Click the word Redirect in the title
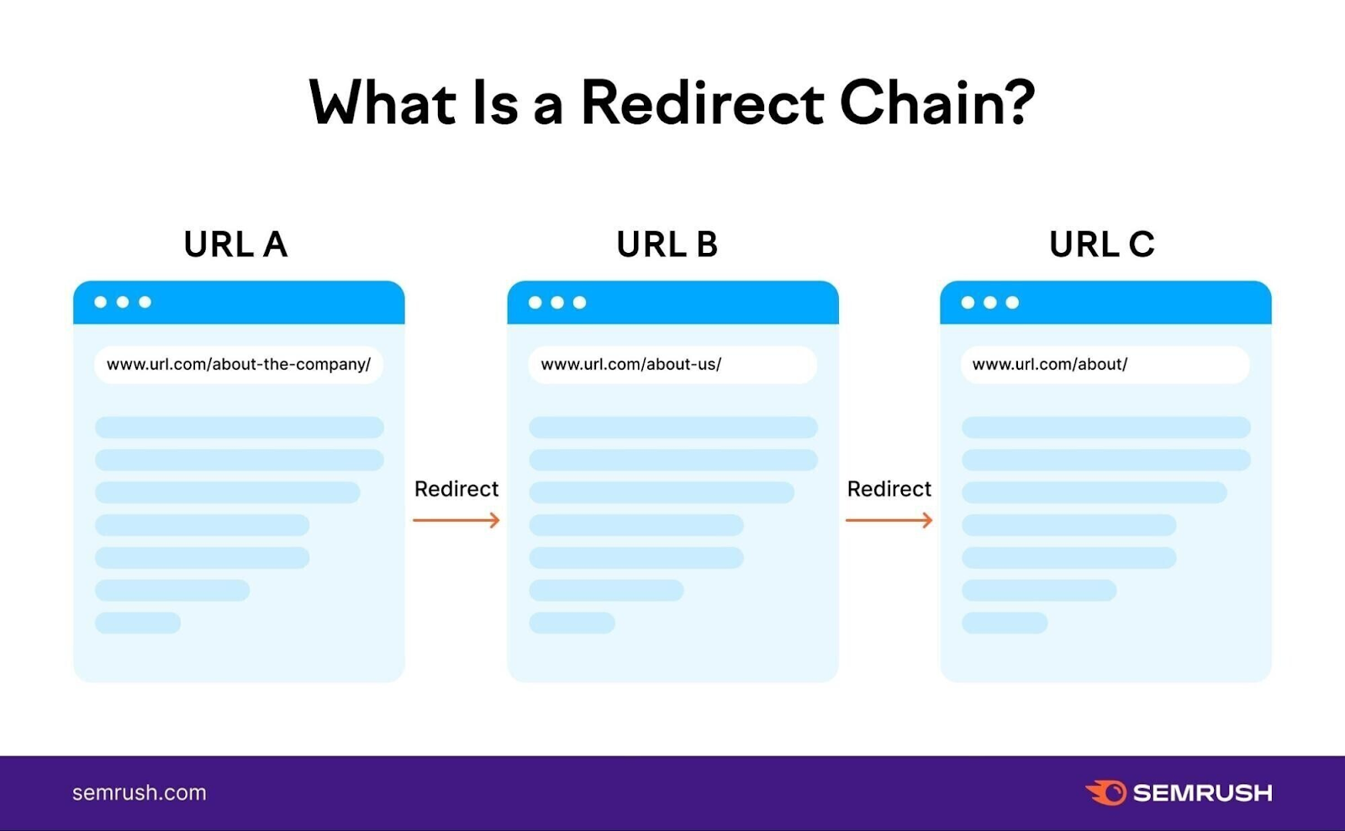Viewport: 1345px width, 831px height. [702, 103]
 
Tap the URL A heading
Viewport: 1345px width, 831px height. [235, 245]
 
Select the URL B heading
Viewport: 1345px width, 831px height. [667, 245]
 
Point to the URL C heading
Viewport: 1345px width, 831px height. [1101, 245]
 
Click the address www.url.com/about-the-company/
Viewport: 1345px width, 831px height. [239, 365]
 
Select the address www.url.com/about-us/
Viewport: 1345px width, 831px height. [630, 365]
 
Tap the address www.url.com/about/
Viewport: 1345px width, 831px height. [1050, 365]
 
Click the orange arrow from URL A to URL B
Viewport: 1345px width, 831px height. [456, 521]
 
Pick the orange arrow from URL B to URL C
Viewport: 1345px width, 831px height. [889, 521]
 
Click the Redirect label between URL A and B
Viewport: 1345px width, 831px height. [456, 489]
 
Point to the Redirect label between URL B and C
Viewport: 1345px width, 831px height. [889, 489]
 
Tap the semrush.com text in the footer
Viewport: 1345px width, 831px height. [140, 793]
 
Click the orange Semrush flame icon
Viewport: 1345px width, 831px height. [1106, 792]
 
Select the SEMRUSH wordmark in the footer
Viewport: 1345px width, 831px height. [1202, 793]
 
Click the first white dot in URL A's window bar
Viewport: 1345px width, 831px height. [101, 302]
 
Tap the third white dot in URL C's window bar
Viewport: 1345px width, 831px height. [1012, 302]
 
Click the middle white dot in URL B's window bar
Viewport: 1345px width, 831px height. [557, 302]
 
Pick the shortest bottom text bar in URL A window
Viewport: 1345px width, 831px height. [138, 623]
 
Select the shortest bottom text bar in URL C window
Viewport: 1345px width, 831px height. [1005, 623]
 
